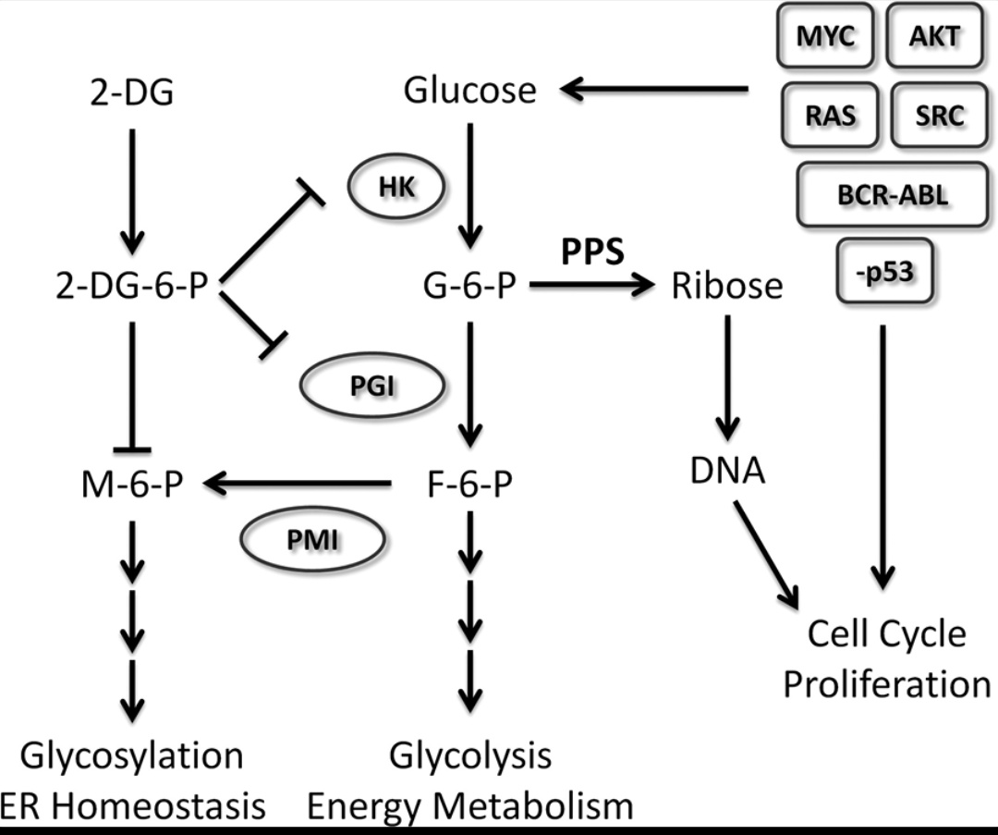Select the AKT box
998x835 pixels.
pyautogui.click(x=936, y=38)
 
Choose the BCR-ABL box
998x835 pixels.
pyautogui.click(x=887, y=195)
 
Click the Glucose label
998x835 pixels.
pyautogui.click(x=470, y=91)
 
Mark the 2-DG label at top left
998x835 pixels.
pyautogui.click(x=131, y=92)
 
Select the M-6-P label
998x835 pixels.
pyautogui.click(x=133, y=483)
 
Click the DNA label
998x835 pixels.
pyautogui.click(x=727, y=472)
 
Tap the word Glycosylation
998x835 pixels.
pyautogui.click(x=131, y=755)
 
